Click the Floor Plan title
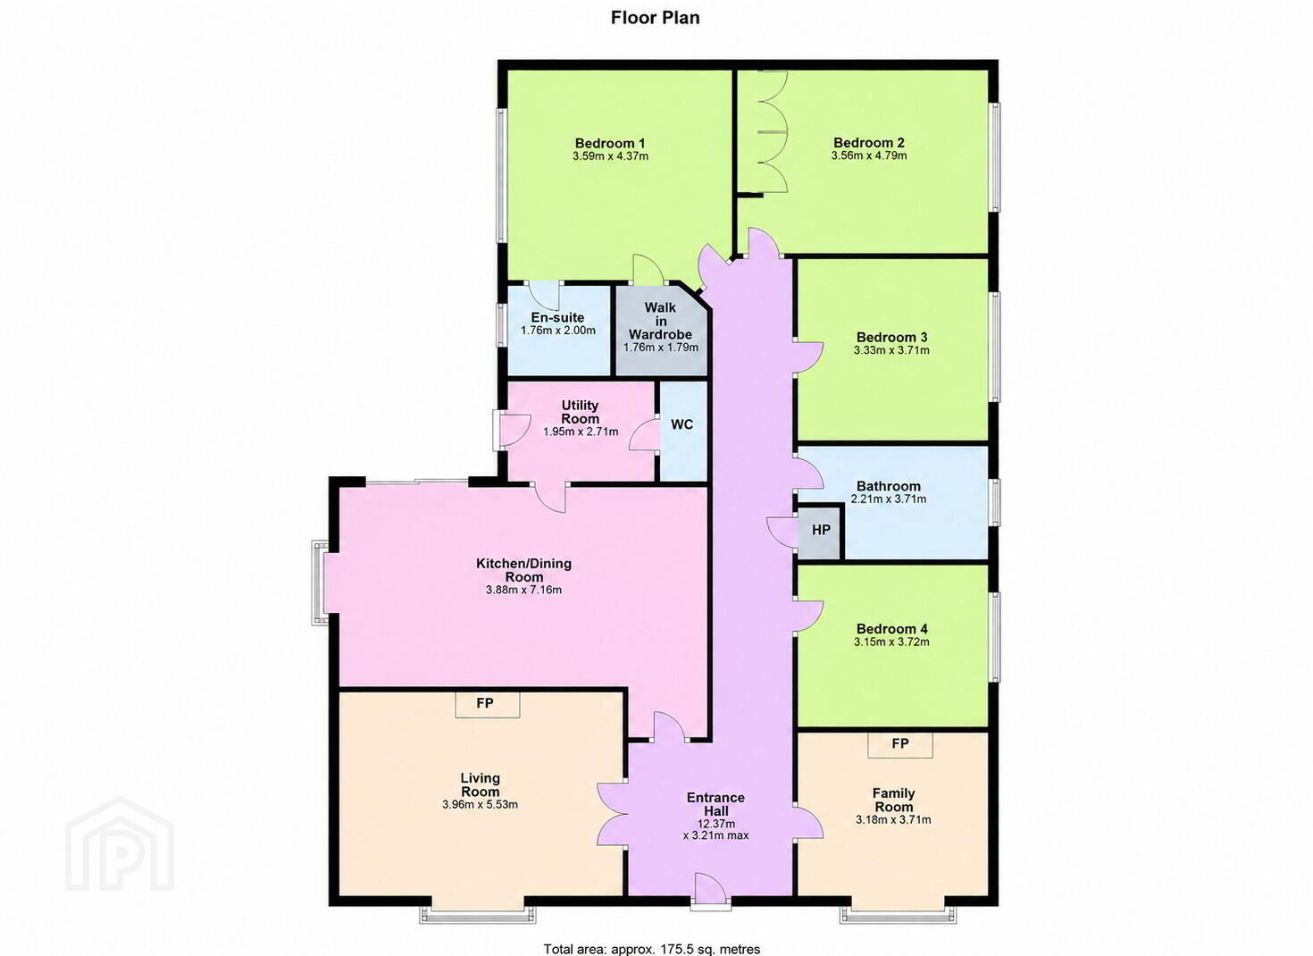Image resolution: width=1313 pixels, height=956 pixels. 655,18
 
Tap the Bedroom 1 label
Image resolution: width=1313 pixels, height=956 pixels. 609,143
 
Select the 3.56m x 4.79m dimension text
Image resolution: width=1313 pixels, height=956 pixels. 869,156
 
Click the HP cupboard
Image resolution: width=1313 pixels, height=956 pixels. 821,531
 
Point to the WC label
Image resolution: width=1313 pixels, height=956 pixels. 682,424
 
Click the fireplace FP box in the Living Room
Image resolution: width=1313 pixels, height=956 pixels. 487,704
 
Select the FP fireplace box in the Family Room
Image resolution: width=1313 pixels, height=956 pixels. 899,744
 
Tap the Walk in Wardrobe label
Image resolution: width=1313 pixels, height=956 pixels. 660,321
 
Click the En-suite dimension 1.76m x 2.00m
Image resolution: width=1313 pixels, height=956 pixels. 558,331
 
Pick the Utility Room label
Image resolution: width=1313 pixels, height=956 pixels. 581,412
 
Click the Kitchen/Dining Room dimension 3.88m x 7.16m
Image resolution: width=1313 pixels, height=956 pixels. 523,590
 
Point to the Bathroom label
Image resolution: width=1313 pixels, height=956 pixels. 888,486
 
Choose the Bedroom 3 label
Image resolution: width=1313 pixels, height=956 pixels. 891,337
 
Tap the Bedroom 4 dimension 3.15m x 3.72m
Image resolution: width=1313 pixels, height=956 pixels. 891,642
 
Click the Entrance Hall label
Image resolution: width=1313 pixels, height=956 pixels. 715,805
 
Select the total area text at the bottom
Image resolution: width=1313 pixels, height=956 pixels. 652,948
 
